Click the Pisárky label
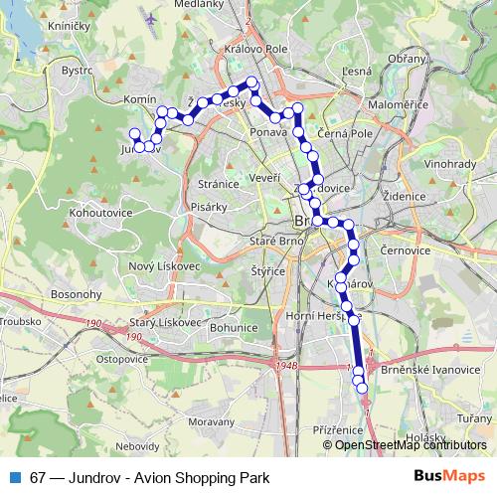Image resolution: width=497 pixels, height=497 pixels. click(208, 207)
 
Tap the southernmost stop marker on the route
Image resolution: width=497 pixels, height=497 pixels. click(362, 388)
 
